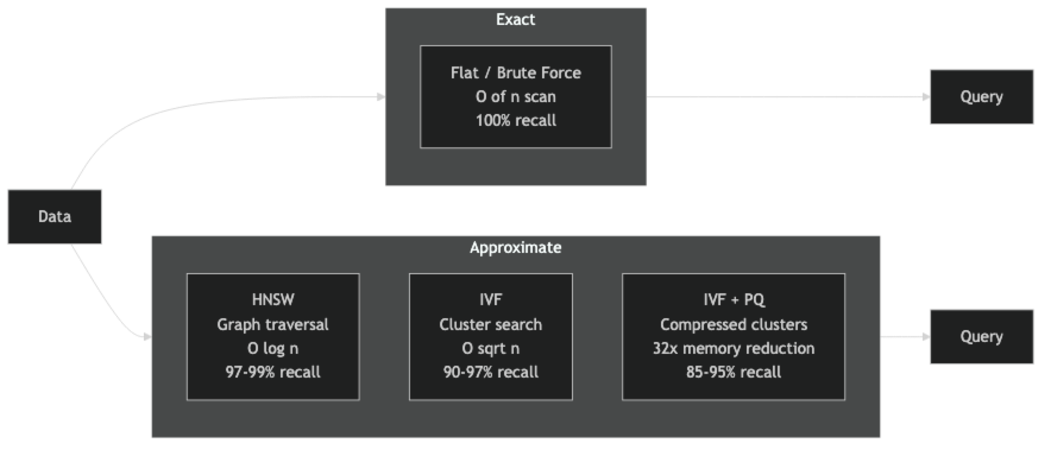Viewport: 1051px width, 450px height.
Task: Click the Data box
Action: pyautogui.click(x=55, y=217)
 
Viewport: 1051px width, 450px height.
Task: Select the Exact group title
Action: pyautogui.click(x=515, y=20)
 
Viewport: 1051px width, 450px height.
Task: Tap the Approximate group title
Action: pyautogui.click(x=515, y=248)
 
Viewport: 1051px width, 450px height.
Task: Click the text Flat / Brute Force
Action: pyautogui.click(x=515, y=73)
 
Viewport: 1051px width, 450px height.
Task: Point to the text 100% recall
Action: pyautogui.click(x=515, y=121)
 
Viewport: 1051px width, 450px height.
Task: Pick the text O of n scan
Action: pyautogui.click(x=515, y=97)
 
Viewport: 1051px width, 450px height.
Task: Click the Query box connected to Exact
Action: pyautogui.click(x=981, y=97)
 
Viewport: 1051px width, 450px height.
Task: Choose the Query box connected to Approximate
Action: pyautogui.click(x=981, y=337)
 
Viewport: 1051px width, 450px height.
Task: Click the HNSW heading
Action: pyautogui.click(x=273, y=300)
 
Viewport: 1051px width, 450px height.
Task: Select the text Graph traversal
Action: pyautogui.click(x=273, y=325)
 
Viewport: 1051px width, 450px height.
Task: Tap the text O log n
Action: pyautogui.click(x=273, y=348)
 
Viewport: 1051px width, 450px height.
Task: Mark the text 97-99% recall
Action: pyautogui.click(x=273, y=372)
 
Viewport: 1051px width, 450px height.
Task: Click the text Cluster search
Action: pyautogui.click(x=490, y=325)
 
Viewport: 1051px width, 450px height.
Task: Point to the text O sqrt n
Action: pyautogui.click(x=490, y=348)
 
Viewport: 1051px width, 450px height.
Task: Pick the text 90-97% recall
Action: pyautogui.click(x=490, y=372)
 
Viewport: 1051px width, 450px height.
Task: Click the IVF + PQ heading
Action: pyautogui.click(x=734, y=300)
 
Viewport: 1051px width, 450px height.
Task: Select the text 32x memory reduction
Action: pyautogui.click(x=734, y=348)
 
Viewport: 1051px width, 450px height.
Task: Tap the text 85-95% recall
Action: pyautogui.click(x=734, y=372)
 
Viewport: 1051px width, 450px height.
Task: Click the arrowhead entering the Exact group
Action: pyautogui.click(x=380, y=97)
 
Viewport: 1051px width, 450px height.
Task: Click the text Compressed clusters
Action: pyautogui.click(x=734, y=325)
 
